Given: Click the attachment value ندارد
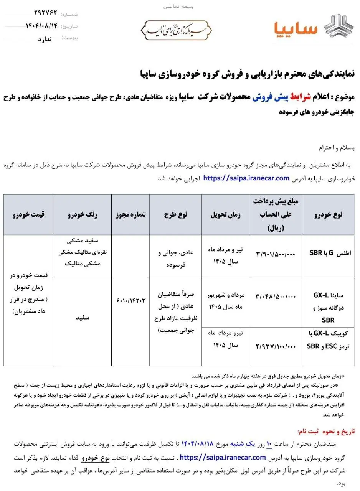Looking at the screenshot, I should pos(48,38).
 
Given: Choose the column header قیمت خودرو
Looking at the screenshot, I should pos(28,214).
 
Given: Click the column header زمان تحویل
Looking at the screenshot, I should pos(225,214).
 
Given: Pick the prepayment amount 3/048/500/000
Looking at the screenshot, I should pos(276,296).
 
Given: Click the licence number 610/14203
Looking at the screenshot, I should pos(130,300).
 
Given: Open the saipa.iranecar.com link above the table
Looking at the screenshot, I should pos(246,178).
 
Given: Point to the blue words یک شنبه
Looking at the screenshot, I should pos(242,444).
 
